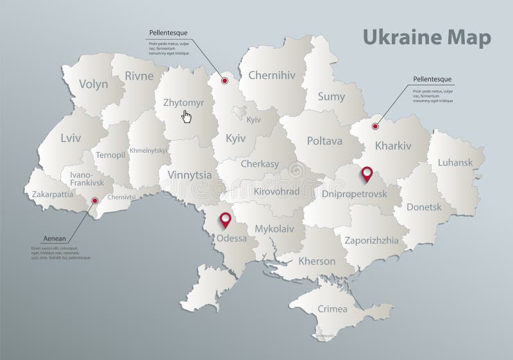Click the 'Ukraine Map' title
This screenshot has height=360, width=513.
click(428, 37)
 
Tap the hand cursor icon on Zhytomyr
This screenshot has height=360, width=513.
click(187, 116)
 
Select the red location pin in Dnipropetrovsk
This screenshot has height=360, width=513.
click(366, 173)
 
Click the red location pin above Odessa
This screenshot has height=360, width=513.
click(225, 219)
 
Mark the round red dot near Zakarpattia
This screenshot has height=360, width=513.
click(95, 201)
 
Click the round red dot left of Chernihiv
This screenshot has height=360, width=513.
click(224, 81)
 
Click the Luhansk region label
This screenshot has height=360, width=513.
click(455, 162)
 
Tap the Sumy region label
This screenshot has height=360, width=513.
click(332, 96)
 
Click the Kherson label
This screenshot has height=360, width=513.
click(316, 261)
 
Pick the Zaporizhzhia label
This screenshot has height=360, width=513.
click(372, 240)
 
